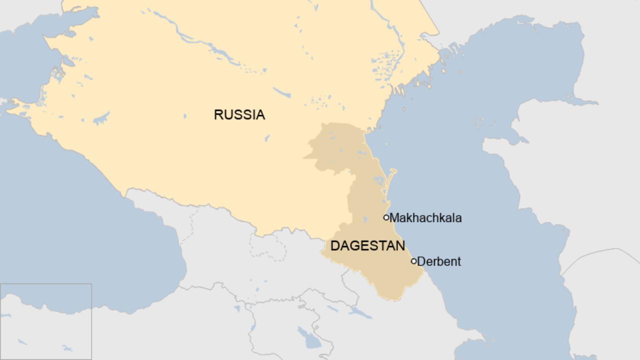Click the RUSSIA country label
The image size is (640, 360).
[x=239, y=115]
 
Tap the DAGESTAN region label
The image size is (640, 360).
[x=367, y=245]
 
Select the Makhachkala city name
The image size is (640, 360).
[x=425, y=218]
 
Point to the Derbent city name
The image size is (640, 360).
[x=439, y=261]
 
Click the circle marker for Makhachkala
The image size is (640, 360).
[x=386, y=217]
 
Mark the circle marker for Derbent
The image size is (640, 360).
[x=413, y=261]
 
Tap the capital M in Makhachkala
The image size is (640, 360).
[x=394, y=218]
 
